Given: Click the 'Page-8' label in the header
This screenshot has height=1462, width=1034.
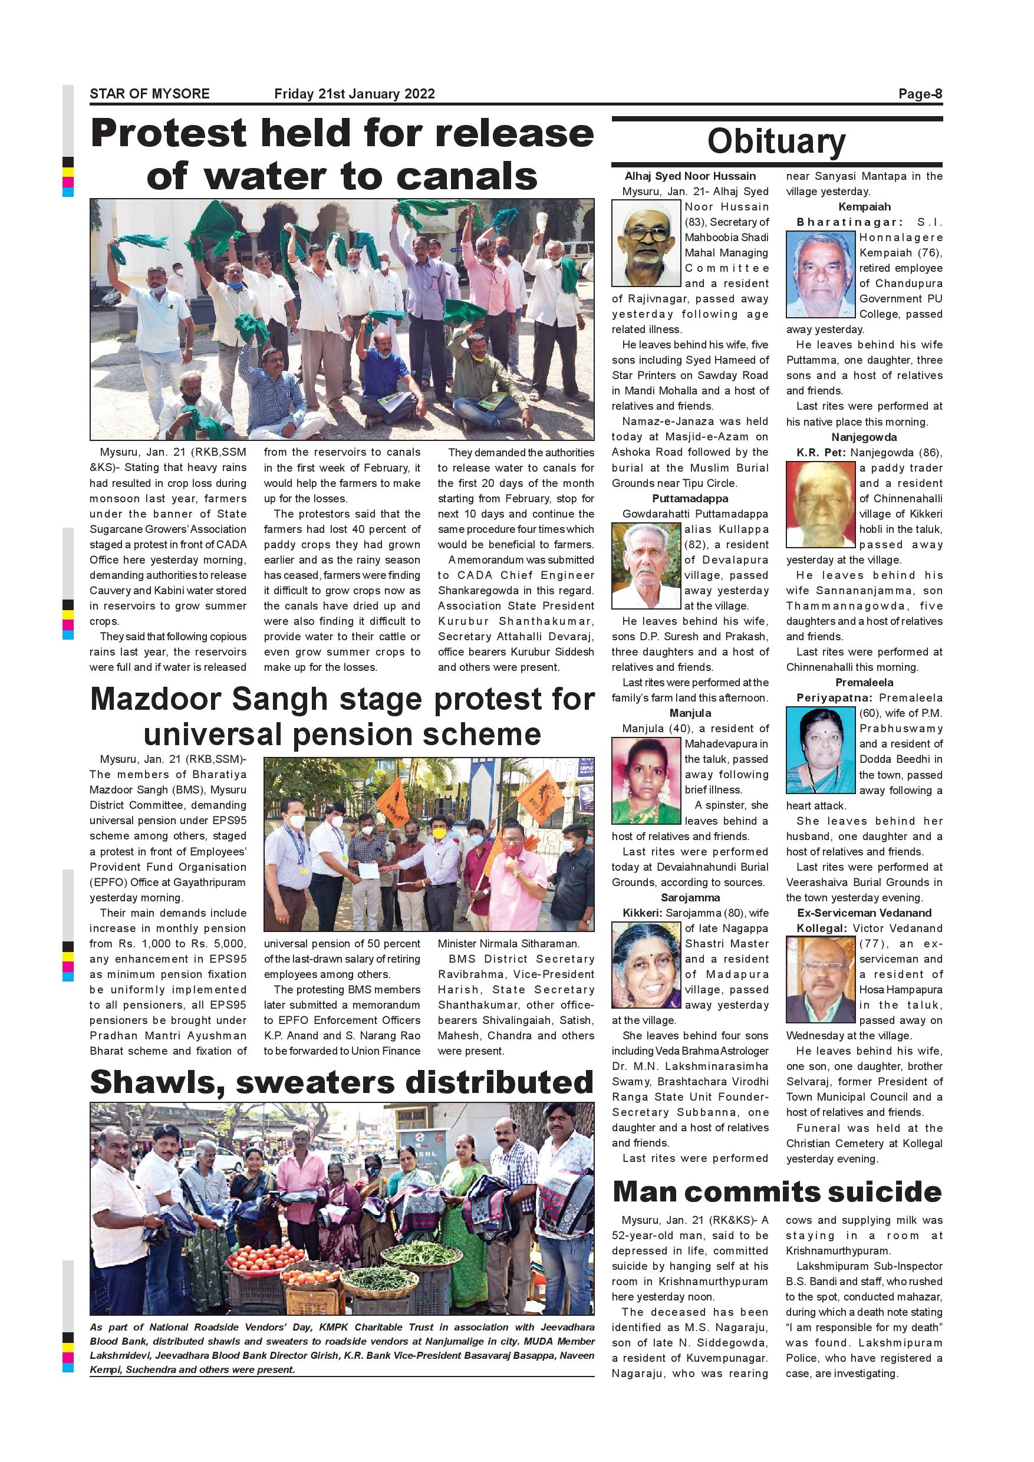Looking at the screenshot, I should pyautogui.click(x=920, y=94).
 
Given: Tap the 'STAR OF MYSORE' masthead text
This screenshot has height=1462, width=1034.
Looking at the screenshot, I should pyautogui.click(x=150, y=94).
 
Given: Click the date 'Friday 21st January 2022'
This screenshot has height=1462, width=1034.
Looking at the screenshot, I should pyautogui.click(x=354, y=94).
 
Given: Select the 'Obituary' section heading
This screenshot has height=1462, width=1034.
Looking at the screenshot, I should pyautogui.click(x=776, y=141).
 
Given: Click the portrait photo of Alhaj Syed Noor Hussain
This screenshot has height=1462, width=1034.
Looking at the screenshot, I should pyautogui.click(x=646, y=243).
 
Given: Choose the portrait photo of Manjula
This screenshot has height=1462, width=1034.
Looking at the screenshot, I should pyautogui.click(x=646, y=781).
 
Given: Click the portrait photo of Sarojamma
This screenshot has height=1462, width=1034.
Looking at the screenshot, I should pyautogui.click(x=646, y=965).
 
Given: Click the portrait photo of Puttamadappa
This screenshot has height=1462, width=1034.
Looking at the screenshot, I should pyautogui.click(x=646, y=566).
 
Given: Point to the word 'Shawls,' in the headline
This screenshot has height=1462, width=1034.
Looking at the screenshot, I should pyautogui.click(x=157, y=1082).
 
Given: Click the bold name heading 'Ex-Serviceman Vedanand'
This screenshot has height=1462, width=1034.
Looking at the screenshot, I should pyautogui.click(x=864, y=913).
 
